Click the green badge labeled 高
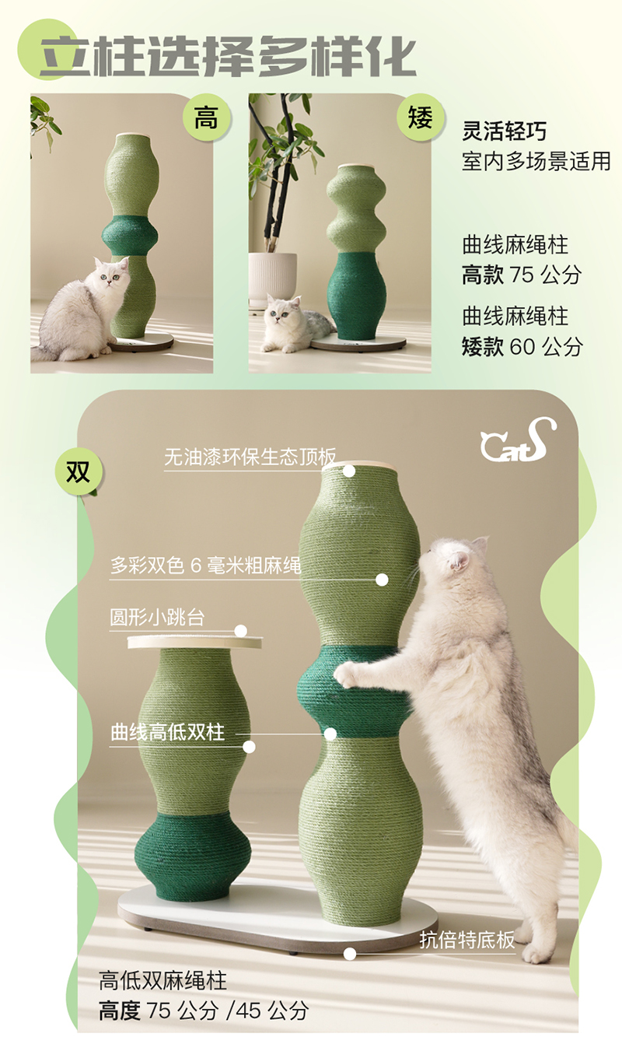(206, 118)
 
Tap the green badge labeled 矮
(421, 117)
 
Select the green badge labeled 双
(79, 471)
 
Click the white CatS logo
(518, 440)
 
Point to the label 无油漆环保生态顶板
(250, 457)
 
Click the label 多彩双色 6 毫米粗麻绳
(206, 565)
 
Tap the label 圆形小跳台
(157, 617)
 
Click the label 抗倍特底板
(467, 940)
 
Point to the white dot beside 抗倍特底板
(350, 954)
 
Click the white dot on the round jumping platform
(241, 631)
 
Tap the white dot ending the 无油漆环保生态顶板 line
(349, 471)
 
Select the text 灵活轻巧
(505, 131)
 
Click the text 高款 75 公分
(522, 275)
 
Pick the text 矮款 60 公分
(522, 347)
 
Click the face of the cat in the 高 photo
(112, 275)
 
